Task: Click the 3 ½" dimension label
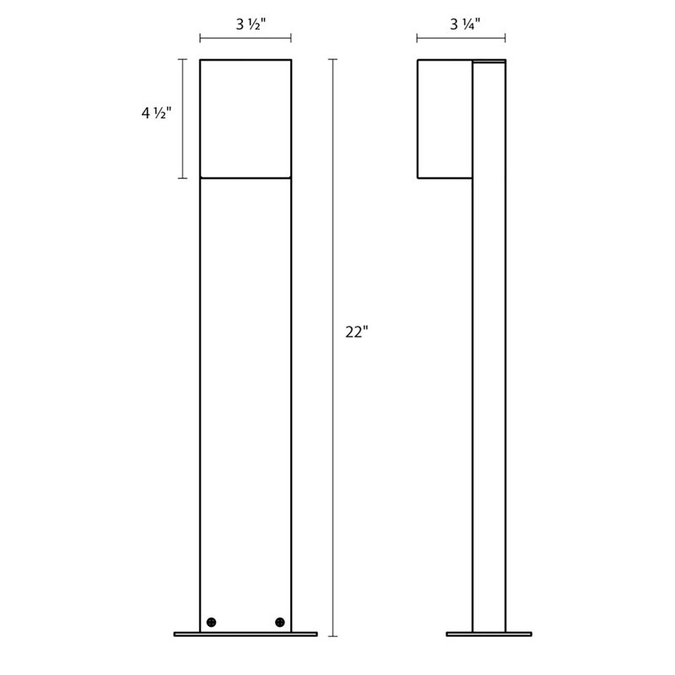[x=246, y=23]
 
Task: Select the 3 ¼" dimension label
[x=461, y=23]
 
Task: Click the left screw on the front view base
[x=211, y=621]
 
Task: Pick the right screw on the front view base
[x=279, y=621]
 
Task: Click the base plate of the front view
[x=246, y=634]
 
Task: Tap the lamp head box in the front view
[x=246, y=118]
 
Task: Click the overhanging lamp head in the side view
[x=445, y=118]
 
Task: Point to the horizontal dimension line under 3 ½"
[x=246, y=38]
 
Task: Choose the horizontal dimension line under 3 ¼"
[x=461, y=38]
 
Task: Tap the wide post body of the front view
[x=246, y=380]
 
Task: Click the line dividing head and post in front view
[x=246, y=178]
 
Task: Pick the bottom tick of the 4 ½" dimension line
[x=181, y=178]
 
